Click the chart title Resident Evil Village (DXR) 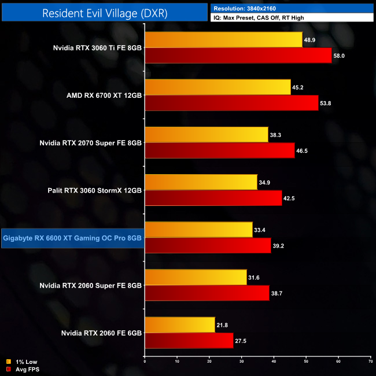(x=105, y=12)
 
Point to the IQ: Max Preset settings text (x=259, y=18)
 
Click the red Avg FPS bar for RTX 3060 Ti (x=238, y=56)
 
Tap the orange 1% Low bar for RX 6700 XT (x=218, y=87)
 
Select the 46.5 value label (x=305, y=150)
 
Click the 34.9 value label (x=265, y=183)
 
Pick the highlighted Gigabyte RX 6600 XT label (x=72, y=237)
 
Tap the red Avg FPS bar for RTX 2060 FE (x=189, y=340)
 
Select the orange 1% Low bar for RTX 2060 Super (x=196, y=277)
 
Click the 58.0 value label (x=341, y=56)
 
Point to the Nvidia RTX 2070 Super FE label (x=90, y=142)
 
